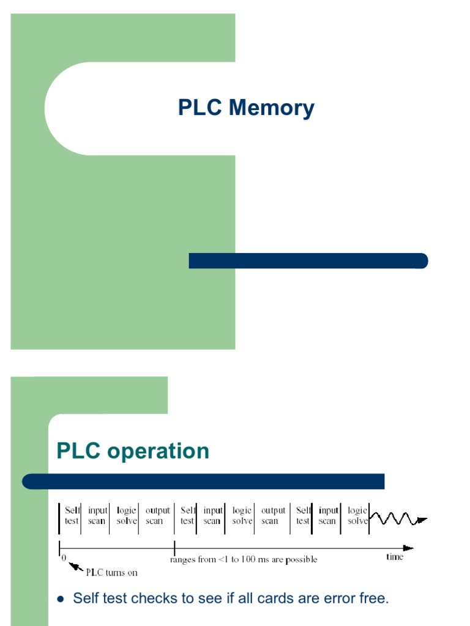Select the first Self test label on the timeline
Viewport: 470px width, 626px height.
[x=72, y=516]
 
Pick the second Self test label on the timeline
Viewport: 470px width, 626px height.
[x=187, y=516]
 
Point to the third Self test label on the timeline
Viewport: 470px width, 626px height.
[x=303, y=516]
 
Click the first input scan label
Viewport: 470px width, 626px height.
[x=97, y=516]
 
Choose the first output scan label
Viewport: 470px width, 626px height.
[x=157, y=516]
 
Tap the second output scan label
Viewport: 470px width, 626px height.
[x=273, y=516]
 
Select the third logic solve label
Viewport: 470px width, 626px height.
[x=357, y=516]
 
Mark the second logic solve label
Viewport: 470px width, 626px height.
[x=242, y=516]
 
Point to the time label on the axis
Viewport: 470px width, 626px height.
[x=395, y=557]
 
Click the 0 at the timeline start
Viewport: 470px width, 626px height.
[x=64, y=558]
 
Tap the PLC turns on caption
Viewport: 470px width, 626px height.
[x=111, y=573]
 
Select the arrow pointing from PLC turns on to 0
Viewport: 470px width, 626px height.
[x=76, y=567]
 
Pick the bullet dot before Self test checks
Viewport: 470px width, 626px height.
[x=60, y=599]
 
